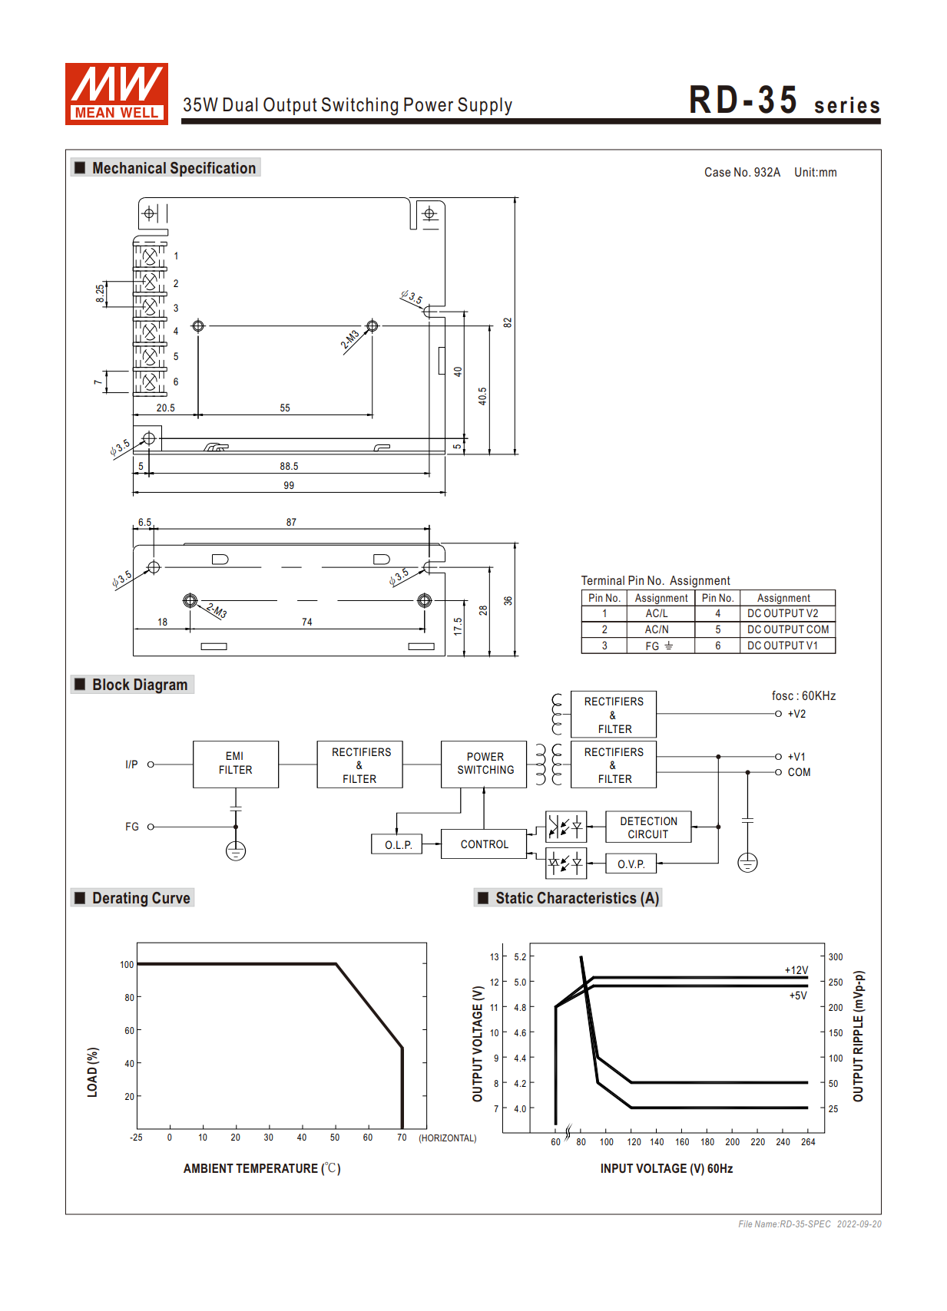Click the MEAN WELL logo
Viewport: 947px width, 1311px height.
(x=116, y=94)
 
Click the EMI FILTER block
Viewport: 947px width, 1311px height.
(x=235, y=764)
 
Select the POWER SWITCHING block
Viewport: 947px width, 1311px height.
(x=485, y=764)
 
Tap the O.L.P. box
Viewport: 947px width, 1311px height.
(x=397, y=844)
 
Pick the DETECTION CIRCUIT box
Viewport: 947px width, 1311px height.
(x=647, y=827)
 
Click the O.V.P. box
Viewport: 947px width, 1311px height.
(x=631, y=864)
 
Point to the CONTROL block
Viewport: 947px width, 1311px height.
(x=484, y=844)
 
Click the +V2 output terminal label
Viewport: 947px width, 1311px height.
(x=796, y=714)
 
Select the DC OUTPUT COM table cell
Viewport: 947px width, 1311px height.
(x=787, y=629)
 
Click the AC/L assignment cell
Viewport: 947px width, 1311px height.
(x=657, y=613)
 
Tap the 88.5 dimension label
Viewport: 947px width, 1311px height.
(x=289, y=466)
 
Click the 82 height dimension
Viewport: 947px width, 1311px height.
(x=507, y=322)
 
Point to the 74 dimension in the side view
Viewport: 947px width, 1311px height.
(x=306, y=622)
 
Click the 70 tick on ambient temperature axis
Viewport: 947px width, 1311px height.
(x=402, y=1138)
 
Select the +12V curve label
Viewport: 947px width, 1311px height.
(x=796, y=970)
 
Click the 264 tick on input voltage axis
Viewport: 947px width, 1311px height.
(x=808, y=1142)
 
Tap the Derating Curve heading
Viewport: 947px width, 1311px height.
(x=141, y=898)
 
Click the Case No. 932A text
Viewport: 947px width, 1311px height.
(x=742, y=172)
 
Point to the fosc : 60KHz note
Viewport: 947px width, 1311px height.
(x=803, y=695)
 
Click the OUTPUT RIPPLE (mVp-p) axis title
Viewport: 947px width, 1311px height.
(x=859, y=1036)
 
